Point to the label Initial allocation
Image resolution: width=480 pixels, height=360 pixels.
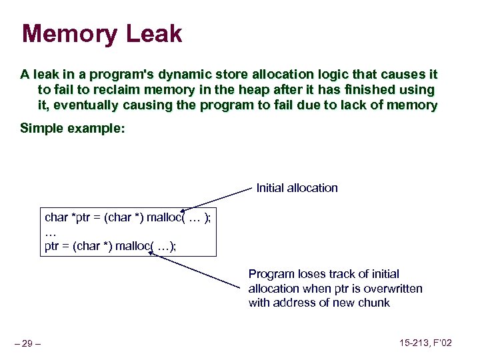[x=297, y=188]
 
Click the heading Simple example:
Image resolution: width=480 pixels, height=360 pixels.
[x=72, y=128]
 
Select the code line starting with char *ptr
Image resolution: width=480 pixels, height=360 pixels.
[x=127, y=218]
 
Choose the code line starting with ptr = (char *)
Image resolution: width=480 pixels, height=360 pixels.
[x=110, y=246]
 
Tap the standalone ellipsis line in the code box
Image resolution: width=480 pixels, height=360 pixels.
[x=50, y=232]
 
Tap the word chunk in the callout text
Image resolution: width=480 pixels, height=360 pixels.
[x=375, y=303]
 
